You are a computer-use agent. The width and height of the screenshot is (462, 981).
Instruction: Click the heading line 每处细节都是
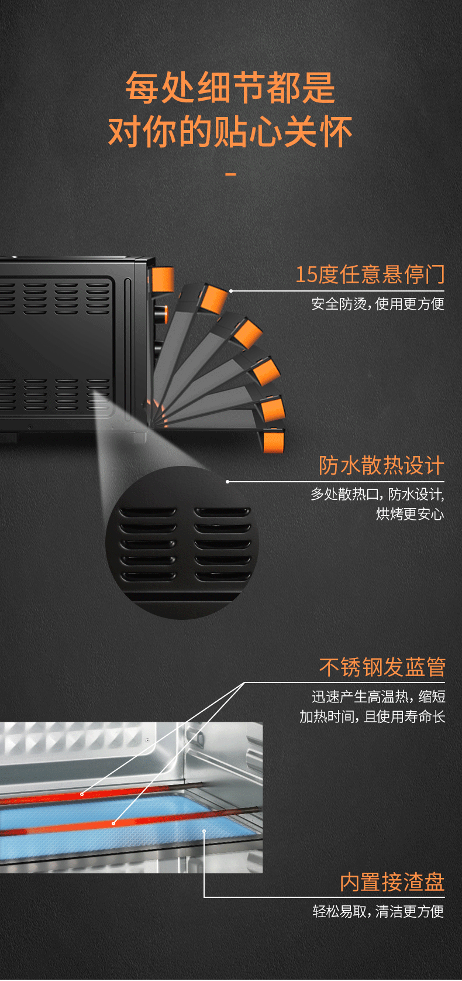230,88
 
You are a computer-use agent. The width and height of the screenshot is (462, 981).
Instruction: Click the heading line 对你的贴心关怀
230,131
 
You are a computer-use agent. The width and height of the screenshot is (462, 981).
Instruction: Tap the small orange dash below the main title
230,174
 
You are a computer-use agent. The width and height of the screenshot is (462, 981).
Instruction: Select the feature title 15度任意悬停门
370,275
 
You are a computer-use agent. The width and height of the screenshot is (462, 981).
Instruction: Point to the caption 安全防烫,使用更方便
378,304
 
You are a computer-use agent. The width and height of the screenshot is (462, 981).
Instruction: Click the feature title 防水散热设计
381,465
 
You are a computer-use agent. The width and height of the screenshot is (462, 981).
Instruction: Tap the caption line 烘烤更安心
411,514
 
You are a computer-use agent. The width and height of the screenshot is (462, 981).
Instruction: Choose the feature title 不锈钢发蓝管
382,667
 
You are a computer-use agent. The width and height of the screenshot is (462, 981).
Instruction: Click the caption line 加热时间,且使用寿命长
373,716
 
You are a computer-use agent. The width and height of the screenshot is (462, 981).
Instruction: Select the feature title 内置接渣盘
392,882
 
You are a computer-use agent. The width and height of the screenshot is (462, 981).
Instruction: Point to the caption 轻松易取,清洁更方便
378,911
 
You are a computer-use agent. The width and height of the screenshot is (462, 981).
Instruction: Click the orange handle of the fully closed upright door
163,279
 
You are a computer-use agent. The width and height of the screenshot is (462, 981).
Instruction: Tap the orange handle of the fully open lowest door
274,442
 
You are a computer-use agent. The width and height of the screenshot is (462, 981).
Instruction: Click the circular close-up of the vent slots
182,543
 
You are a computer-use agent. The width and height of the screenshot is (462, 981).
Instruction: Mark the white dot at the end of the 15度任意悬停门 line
231,291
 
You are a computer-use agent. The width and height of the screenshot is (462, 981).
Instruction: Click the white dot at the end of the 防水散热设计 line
227,482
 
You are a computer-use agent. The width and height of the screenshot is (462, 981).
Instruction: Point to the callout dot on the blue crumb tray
204,831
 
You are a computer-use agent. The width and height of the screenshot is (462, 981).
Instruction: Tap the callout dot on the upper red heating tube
82,794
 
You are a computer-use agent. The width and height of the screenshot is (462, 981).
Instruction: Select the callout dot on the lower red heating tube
113,824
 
